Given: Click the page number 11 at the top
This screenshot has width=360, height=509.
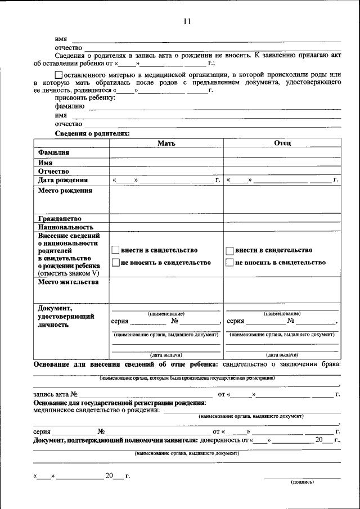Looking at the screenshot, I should pyautogui.click(x=187, y=21).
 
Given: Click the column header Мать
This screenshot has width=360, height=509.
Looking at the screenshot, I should pyautogui.click(x=166, y=143).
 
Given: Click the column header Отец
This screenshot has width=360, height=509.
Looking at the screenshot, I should pyautogui.click(x=282, y=143).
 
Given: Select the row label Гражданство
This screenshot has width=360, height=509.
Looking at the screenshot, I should pyautogui.click(x=60, y=218).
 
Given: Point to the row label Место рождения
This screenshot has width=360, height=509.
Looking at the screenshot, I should pyautogui.click(x=65, y=191).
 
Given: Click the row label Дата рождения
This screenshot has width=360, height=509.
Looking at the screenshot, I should pyautogui.click(x=63, y=180).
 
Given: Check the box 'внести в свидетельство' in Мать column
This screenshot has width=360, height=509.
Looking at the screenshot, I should pyautogui.click(x=115, y=250).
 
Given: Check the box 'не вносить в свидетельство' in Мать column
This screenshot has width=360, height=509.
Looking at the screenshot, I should pyautogui.click(x=115, y=262).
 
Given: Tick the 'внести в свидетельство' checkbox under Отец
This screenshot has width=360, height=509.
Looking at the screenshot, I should pyautogui.click(x=229, y=250).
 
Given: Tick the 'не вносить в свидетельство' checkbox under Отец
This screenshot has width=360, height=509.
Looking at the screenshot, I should pyautogui.click(x=229, y=262).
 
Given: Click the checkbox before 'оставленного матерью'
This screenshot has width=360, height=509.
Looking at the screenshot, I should pyautogui.click(x=58, y=75).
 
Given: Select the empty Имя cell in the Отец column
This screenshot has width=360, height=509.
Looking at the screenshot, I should pyautogui.click(x=282, y=162).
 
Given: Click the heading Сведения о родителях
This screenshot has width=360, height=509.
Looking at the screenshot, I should pyautogui.click(x=92, y=134).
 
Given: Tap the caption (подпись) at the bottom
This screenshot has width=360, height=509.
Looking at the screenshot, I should pyautogui.click(x=302, y=482).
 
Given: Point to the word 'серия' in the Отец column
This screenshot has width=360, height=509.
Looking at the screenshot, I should pyautogui.click(x=235, y=321).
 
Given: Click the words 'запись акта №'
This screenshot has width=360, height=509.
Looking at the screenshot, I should pyautogui.click(x=55, y=394).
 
